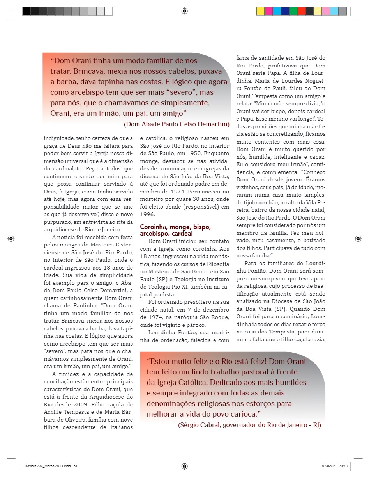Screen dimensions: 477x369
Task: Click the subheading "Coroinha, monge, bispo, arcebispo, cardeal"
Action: click(171, 230)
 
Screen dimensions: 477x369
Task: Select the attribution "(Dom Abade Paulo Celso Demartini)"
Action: click(177, 124)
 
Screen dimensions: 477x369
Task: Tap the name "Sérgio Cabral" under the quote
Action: click(198, 425)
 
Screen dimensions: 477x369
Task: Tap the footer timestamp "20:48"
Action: click(343, 466)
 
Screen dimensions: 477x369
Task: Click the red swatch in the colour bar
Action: click(301, 11)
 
